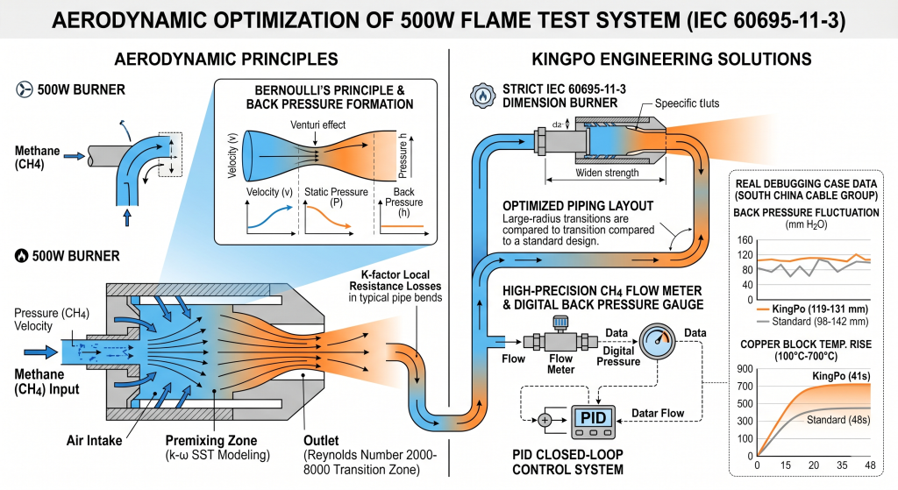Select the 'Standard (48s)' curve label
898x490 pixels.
(x=838, y=422)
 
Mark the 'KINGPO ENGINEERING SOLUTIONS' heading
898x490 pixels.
(x=671, y=60)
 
